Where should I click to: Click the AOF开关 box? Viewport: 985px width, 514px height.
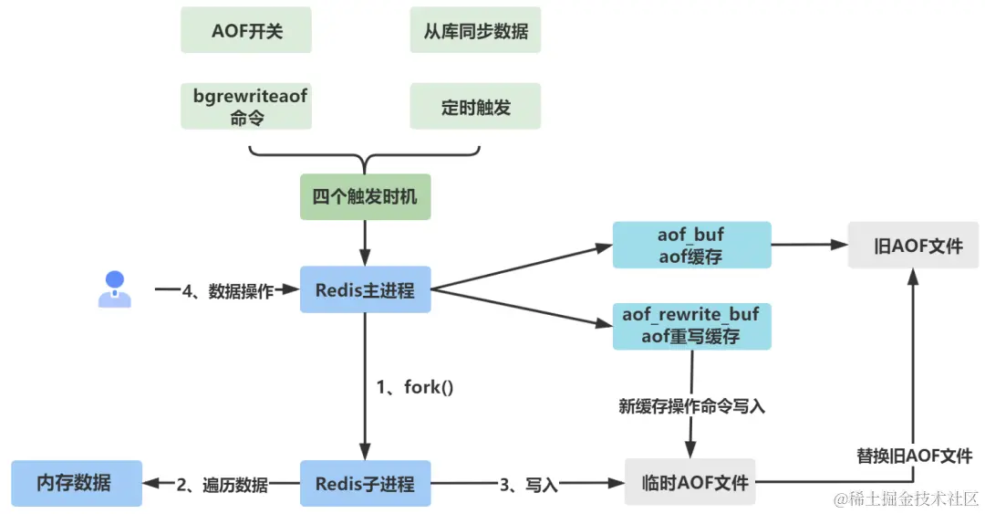click(247, 31)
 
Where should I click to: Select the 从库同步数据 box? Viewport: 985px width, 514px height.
click(475, 31)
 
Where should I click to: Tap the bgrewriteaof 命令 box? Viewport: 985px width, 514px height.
click(247, 107)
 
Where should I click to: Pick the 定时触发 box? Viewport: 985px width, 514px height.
click(475, 107)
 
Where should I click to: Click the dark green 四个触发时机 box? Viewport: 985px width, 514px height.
click(365, 197)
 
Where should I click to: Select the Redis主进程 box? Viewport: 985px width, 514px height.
click(365, 290)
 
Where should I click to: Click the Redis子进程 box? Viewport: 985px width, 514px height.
click(365, 484)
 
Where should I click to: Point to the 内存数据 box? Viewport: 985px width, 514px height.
click(76, 483)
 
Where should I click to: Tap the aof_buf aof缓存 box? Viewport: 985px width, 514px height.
click(691, 245)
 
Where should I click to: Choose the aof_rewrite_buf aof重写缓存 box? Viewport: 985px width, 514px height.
click(691, 326)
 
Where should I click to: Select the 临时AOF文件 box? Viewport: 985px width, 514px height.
click(689, 482)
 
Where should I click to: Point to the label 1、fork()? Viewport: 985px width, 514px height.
click(415, 387)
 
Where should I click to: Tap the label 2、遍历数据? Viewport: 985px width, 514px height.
click(223, 485)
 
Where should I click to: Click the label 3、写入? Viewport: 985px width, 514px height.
click(528, 485)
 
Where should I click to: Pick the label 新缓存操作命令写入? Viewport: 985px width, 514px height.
click(691, 407)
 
